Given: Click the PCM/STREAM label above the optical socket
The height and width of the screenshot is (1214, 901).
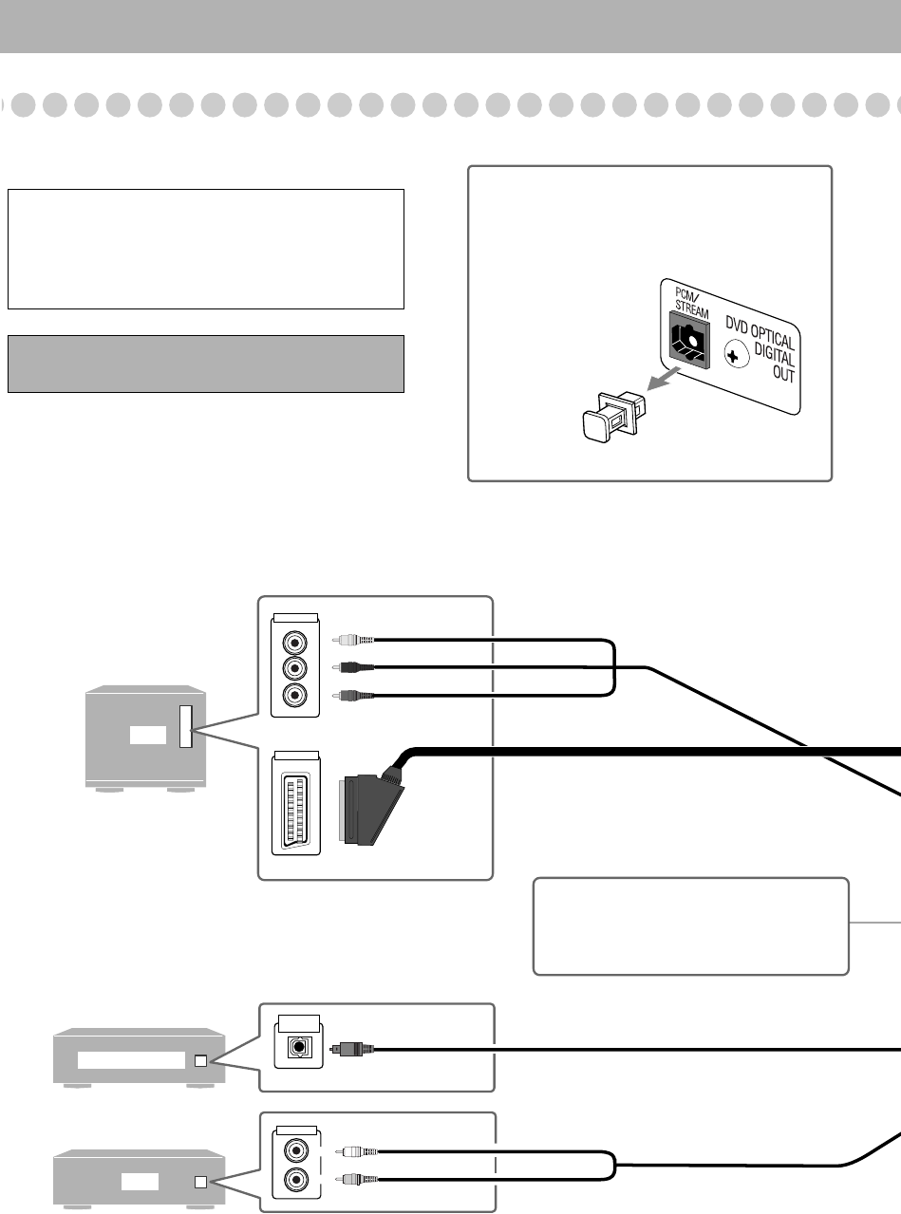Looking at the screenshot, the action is click(691, 303).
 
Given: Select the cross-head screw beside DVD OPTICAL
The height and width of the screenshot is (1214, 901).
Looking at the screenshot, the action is click(736, 354).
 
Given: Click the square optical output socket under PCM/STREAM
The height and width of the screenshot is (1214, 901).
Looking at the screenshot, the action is click(689, 339).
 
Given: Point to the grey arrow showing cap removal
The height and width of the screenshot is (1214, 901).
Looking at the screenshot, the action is click(664, 379).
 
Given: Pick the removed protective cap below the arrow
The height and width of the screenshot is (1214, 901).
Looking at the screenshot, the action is click(613, 417).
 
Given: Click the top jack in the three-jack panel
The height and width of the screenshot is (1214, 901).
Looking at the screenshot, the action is click(294, 642).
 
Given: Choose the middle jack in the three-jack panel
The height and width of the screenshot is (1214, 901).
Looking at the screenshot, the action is click(294, 668).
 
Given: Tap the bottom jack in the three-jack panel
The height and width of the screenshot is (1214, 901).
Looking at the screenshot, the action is click(294, 695).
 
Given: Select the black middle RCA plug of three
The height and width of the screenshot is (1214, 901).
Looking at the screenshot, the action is click(353, 667).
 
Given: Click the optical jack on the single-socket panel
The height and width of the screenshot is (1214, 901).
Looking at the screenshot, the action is click(299, 1047).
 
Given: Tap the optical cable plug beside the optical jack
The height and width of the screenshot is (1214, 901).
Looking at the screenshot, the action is click(351, 1049).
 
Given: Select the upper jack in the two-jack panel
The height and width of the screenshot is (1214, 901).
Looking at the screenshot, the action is click(296, 1150).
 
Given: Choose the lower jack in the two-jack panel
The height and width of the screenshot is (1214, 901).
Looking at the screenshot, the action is click(296, 1178).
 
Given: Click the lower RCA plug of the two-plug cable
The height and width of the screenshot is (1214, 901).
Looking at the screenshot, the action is click(357, 1179).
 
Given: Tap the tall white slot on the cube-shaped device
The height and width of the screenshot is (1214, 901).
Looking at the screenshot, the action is click(186, 726).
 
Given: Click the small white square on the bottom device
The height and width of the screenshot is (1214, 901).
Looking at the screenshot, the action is click(201, 1182).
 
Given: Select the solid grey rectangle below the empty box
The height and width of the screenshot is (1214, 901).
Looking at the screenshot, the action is click(206, 364).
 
